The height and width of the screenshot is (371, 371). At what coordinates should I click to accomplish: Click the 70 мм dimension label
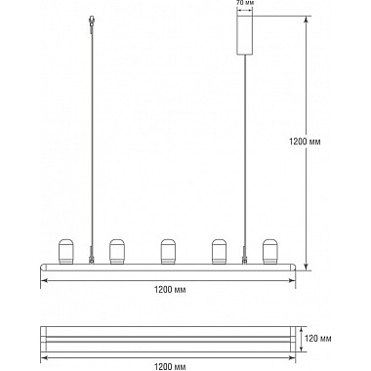(x=245, y=3)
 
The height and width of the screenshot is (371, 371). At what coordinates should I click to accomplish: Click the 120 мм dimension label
(x=318, y=339)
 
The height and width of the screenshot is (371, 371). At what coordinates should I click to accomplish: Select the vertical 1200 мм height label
(x=305, y=142)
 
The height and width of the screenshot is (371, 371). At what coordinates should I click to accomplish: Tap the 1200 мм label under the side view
(x=170, y=290)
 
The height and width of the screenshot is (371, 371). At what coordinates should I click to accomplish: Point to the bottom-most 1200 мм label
(x=170, y=367)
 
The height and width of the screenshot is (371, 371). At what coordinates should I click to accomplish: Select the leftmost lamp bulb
(x=66, y=252)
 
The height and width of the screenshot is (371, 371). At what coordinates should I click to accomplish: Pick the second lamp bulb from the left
(x=117, y=252)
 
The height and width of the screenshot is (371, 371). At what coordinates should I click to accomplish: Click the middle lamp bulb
(x=168, y=252)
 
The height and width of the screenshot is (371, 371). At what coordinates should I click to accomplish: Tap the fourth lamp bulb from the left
(x=219, y=252)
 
